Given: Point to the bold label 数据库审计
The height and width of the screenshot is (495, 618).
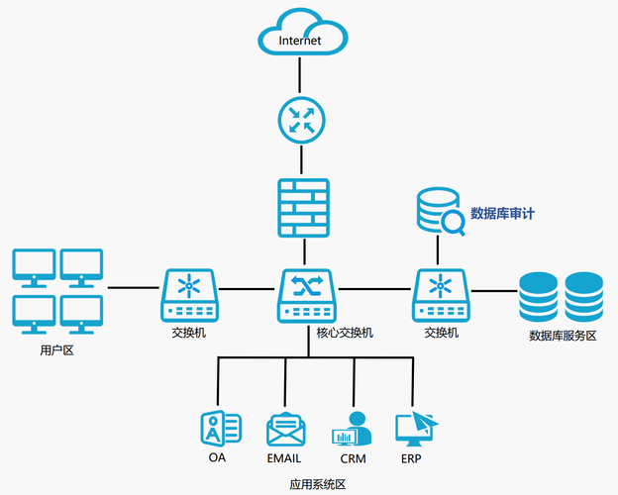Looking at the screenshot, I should click(x=509, y=212).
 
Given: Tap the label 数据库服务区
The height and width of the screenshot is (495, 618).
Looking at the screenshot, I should click(x=563, y=336).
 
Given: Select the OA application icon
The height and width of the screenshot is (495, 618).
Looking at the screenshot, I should click(x=220, y=429).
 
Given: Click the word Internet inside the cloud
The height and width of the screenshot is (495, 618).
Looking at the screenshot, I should click(x=301, y=41).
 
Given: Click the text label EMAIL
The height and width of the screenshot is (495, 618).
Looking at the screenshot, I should click(x=284, y=458).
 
